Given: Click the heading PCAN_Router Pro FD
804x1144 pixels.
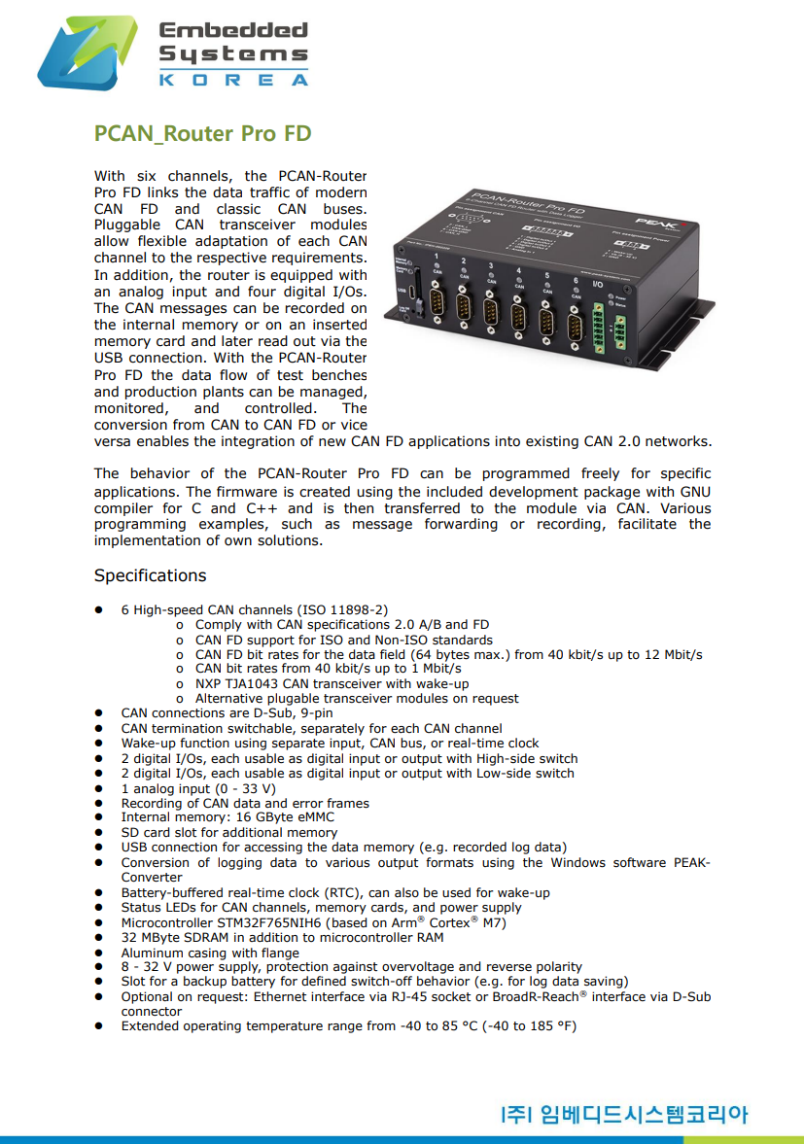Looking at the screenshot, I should [202, 133].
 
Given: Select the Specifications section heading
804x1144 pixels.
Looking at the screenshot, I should [150, 575].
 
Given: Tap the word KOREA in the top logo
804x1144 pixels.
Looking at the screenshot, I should [232, 80].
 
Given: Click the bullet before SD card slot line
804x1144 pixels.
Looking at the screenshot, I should [98, 833].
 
